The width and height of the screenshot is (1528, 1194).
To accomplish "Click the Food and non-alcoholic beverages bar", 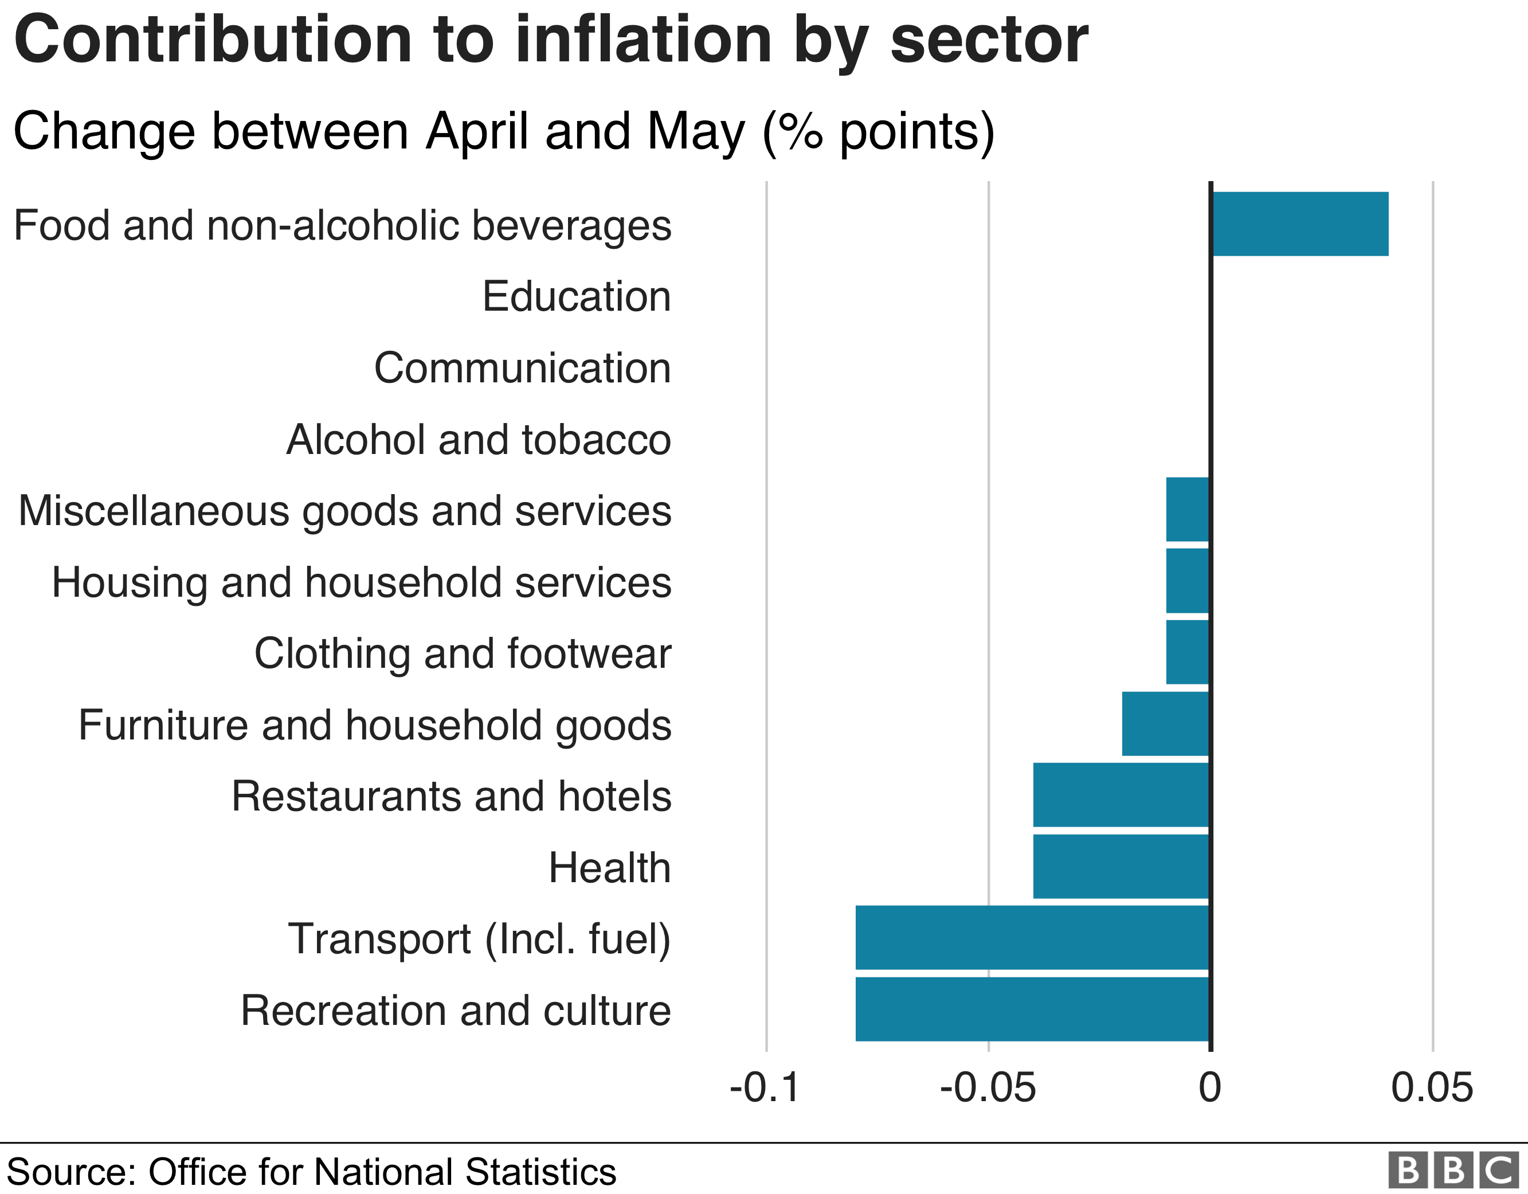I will [x=1300, y=224].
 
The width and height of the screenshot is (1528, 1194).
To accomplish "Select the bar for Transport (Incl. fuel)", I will [x=1032, y=938].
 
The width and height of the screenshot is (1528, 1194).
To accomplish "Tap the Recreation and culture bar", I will [x=1032, y=1009].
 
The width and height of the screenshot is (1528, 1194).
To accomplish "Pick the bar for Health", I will [x=1121, y=867].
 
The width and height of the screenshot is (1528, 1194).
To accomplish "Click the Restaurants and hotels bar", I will [x=1121, y=795].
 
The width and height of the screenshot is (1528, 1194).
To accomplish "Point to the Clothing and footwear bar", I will [x=1188, y=652].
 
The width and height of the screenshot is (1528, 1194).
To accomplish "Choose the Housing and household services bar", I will [x=1188, y=581].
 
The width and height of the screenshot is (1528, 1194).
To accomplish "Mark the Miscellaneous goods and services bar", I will [x=1188, y=510].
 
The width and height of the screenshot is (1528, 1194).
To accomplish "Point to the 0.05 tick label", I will [x=1432, y=1087].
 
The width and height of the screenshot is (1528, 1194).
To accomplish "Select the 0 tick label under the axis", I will [x=1210, y=1087].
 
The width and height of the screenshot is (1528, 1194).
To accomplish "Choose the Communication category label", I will [x=522, y=367].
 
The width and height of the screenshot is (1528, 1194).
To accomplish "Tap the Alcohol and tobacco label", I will [x=479, y=440].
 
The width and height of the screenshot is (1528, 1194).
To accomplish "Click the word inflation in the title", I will [x=643, y=41].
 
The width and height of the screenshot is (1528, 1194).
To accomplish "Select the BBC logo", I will [x=1452, y=1169].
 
